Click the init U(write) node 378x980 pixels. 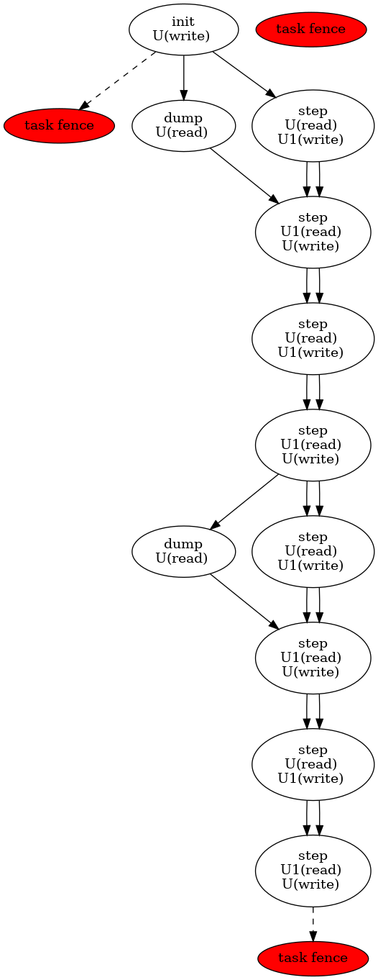[x=183, y=30]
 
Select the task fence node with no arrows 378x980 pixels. [x=310, y=30]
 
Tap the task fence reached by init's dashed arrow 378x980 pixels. [x=59, y=126]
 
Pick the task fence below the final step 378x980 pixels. [x=313, y=958]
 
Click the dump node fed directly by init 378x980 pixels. [x=183, y=126]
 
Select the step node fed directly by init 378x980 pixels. [x=313, y=126]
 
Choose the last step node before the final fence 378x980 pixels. [x=313, y=871]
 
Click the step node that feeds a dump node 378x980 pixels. [x=313, y=445]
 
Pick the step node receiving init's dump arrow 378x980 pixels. [x=313, y=232]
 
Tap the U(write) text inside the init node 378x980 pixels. [x=183, y=36]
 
